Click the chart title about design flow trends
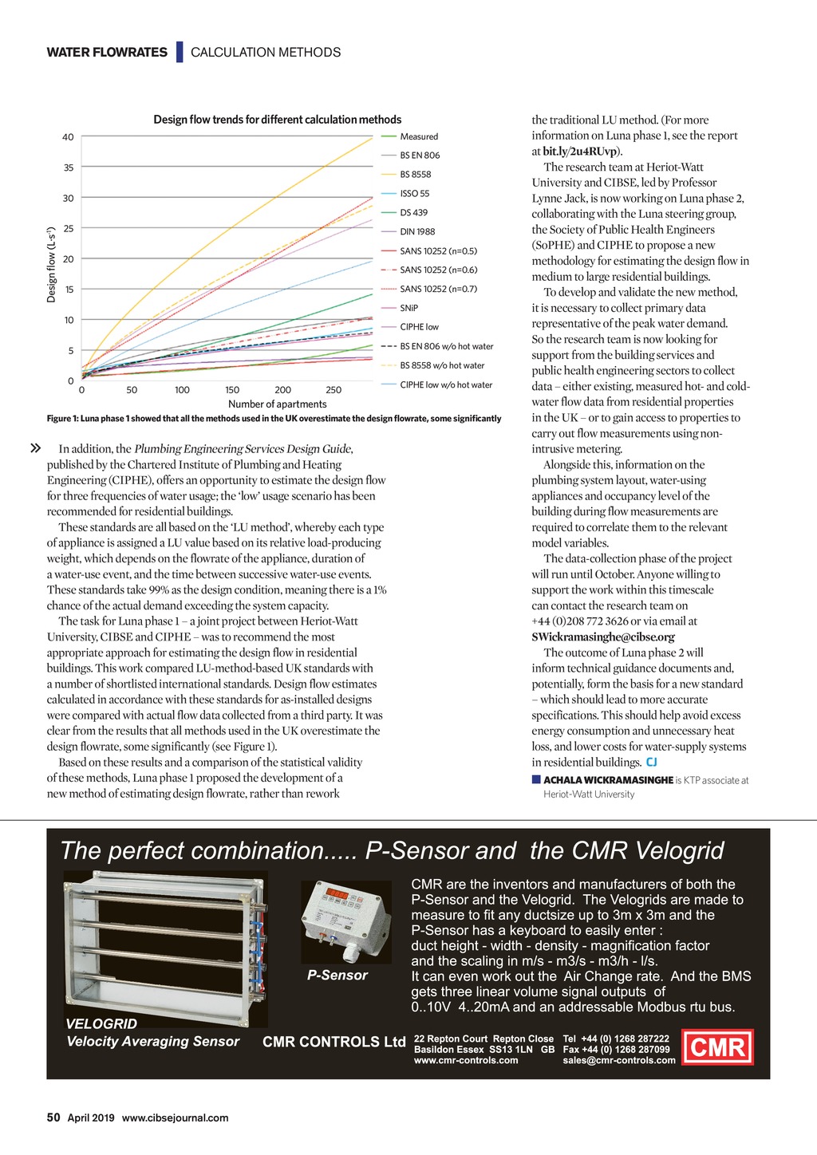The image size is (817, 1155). coord(277,120)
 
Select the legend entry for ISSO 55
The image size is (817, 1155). coord(414,194)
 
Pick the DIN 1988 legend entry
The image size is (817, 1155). coord(417,231)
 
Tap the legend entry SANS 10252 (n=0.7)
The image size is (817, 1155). coord(438,289)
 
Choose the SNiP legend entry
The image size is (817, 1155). coord(408,308)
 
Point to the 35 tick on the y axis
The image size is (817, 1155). coord(69,168)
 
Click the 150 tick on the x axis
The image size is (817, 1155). coord(232,390)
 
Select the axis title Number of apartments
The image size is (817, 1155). coord(277,404)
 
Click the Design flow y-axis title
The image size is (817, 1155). coord(52,262)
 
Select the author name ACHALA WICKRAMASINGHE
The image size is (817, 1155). coord(608,780)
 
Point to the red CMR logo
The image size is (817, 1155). coord(718,1047)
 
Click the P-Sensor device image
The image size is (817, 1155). coord(345,922)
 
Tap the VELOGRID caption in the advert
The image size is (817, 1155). coord(101,1023)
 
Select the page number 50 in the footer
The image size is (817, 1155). coord(53,1118)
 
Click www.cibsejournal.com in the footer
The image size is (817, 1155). coord(175,1118)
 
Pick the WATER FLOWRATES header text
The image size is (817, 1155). coord(107,53)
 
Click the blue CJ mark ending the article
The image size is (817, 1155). coord(652,763)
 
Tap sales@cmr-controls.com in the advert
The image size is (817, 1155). coord(619,1060)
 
